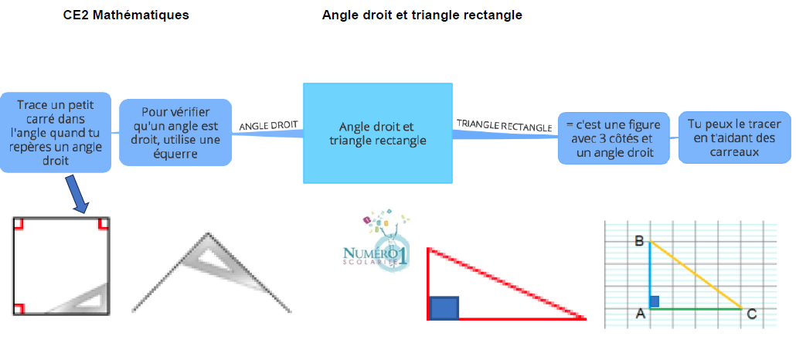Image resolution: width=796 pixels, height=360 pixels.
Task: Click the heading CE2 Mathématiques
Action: (x=126, y=15)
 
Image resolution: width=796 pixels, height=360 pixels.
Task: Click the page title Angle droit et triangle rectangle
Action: (x=422, y=15)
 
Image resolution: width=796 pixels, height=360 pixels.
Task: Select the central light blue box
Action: (x=378, y=133)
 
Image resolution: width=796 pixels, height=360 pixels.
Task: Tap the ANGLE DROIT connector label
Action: (x=268, y=125)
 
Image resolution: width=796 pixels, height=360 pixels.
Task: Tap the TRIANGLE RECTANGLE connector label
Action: (x=504, y=125)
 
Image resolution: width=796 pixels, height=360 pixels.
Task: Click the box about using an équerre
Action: (x=175, y=133)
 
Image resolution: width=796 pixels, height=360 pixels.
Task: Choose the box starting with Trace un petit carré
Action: (x=56, y=133)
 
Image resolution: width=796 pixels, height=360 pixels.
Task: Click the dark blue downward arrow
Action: (x=78, y=195)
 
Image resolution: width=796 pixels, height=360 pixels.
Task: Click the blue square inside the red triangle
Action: (x=444, y=308)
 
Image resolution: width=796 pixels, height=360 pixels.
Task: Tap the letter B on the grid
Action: (x=640, y=240)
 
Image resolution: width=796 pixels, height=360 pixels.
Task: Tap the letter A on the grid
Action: (x=641, y=314)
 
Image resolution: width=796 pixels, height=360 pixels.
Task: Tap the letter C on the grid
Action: (x=751, y=315)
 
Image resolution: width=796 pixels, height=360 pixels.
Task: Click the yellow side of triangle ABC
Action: (x=696, y=275)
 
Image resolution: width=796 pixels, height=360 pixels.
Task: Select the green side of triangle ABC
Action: (x=696, y=308)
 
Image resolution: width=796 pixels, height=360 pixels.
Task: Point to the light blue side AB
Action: (x=650, y=275)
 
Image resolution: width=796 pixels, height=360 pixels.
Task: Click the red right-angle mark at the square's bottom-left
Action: (x=19, y=309)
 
